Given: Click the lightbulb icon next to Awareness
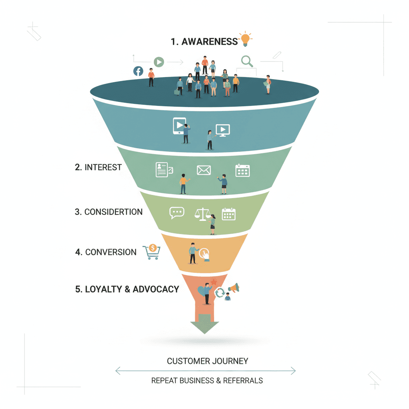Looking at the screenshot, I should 245,39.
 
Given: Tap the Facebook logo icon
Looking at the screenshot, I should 138,71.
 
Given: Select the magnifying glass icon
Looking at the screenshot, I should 247,61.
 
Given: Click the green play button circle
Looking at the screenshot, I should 159,62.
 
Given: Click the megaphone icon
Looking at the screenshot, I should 233,288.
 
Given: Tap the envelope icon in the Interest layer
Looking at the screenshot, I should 204,170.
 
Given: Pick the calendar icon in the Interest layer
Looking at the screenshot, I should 242,170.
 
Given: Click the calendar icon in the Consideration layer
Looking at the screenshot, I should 229,214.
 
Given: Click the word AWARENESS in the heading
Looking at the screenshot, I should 209,42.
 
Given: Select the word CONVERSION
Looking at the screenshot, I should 111,252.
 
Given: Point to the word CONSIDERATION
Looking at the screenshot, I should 113,212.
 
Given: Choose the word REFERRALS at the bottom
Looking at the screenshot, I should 243,380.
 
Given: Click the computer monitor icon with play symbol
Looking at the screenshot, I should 222,130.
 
